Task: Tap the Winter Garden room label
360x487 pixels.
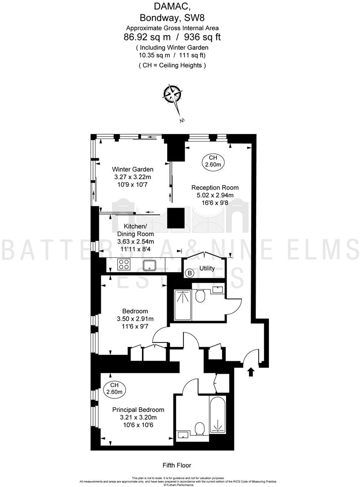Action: tap(133, 169)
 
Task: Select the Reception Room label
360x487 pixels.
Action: tap(215, 188)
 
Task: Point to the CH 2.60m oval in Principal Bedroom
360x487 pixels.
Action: tap(114, 389)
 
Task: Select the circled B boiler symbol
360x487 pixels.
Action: tap(189, 273)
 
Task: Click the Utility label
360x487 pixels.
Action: tap(207, 269)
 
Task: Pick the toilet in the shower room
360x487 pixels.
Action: tap(200, 296)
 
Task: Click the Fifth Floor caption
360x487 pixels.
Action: tap(177, 465)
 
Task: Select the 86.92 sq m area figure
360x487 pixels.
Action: tap(146, 37)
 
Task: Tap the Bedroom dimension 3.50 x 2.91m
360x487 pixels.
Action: tap(135, 319)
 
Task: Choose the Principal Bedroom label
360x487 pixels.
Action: tap(138, 410)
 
